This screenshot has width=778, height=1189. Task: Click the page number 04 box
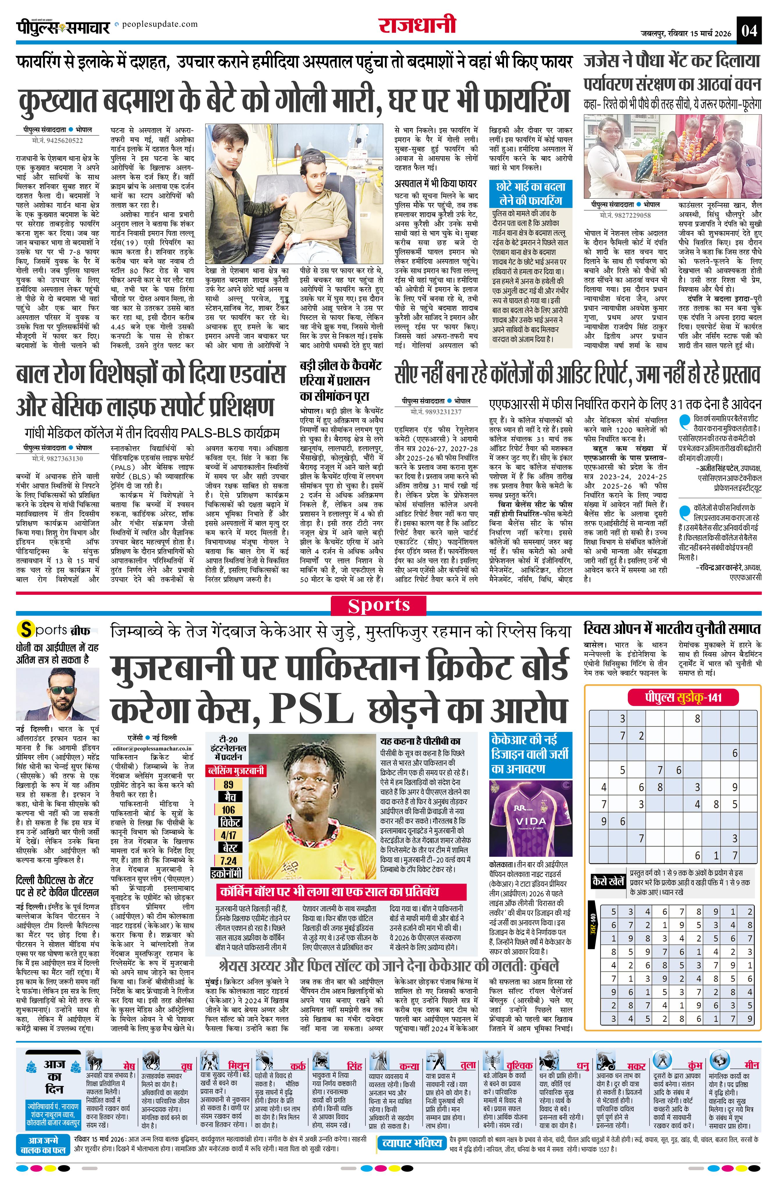[x=750, y=31]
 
